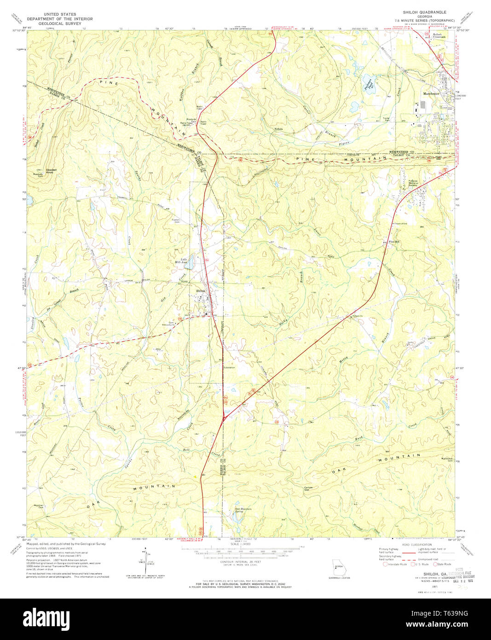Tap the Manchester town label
[x=431, y=93]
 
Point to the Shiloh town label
[x=201, y=291]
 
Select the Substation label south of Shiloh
[x=229, y=367]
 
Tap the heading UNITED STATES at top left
[x=60, y=14]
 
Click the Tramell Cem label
[x=175, y=221]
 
